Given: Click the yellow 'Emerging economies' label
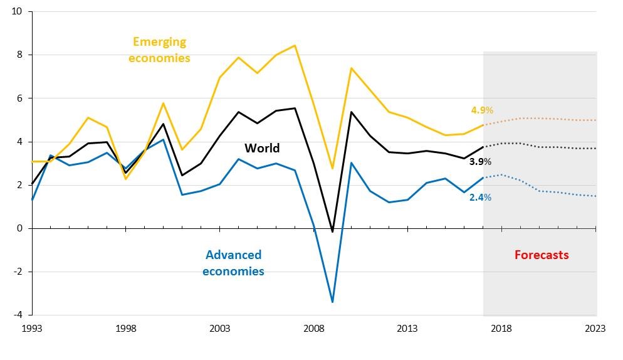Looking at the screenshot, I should click(x=159, y=50).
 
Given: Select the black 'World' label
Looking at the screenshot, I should click(x=262, y=149).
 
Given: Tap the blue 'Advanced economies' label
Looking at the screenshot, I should click(x=233, y=263).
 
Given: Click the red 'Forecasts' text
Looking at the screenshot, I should click(x=542, y=255).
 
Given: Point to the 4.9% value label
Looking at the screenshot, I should click(x=482, y=110).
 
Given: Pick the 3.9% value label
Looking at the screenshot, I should click(x=481, y=162).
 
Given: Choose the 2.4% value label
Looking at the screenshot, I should click(x=480, y=197).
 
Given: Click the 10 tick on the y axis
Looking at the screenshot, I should click(x=18, y=12).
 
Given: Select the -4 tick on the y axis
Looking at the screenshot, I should click(x=18, y=315).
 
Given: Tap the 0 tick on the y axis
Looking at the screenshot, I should click(x=21, y=228).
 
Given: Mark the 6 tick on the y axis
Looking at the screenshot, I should click(x=21, y=98).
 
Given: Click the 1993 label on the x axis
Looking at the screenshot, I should click(x=32, y=328).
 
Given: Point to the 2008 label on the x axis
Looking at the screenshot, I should click(x=313, y=328).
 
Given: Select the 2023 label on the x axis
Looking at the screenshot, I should click(x=595, y=328).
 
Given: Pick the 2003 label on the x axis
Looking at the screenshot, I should click(x=219, y=328).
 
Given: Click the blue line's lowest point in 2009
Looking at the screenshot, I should click(x=332, y=302).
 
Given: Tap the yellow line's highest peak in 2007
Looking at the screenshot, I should click(x=295, y=45).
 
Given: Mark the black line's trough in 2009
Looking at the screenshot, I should click(x=332, y=231).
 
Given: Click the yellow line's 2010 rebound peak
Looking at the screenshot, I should click(x=351, y=68).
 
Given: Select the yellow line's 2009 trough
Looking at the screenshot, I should click(x=332, y=168).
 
